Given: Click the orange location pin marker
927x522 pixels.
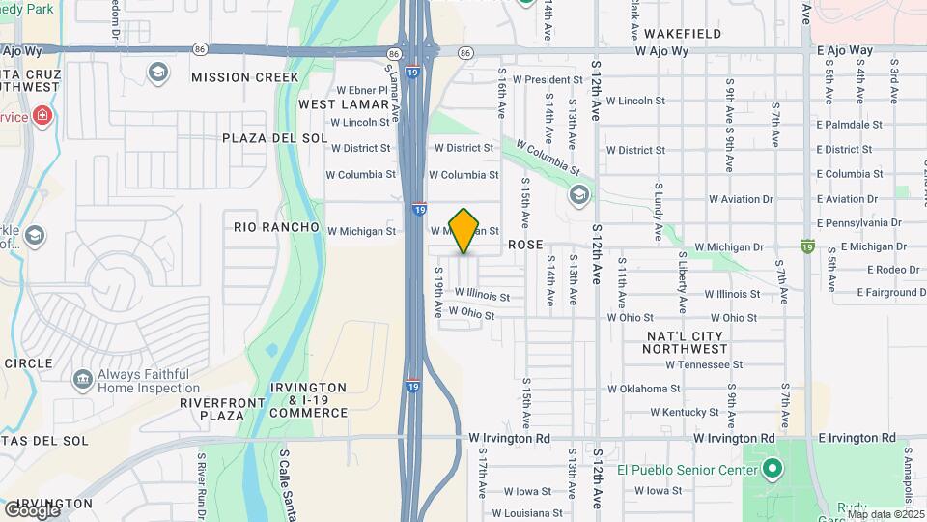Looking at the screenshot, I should coord(464,230).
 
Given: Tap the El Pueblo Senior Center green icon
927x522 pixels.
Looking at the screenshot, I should coord(772,470).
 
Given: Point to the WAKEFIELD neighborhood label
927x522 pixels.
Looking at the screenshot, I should coord(684,34).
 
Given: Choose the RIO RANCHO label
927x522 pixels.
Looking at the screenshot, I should coord(276,227).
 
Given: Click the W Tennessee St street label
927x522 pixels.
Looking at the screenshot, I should coord(704,365).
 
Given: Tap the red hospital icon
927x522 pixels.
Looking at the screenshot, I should coord(41,117).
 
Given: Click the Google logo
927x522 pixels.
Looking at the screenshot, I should coord(32,510).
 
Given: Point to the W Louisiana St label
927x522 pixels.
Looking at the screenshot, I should coord(527,513).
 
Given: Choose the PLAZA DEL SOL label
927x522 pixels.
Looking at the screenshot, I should coord(265,138).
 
